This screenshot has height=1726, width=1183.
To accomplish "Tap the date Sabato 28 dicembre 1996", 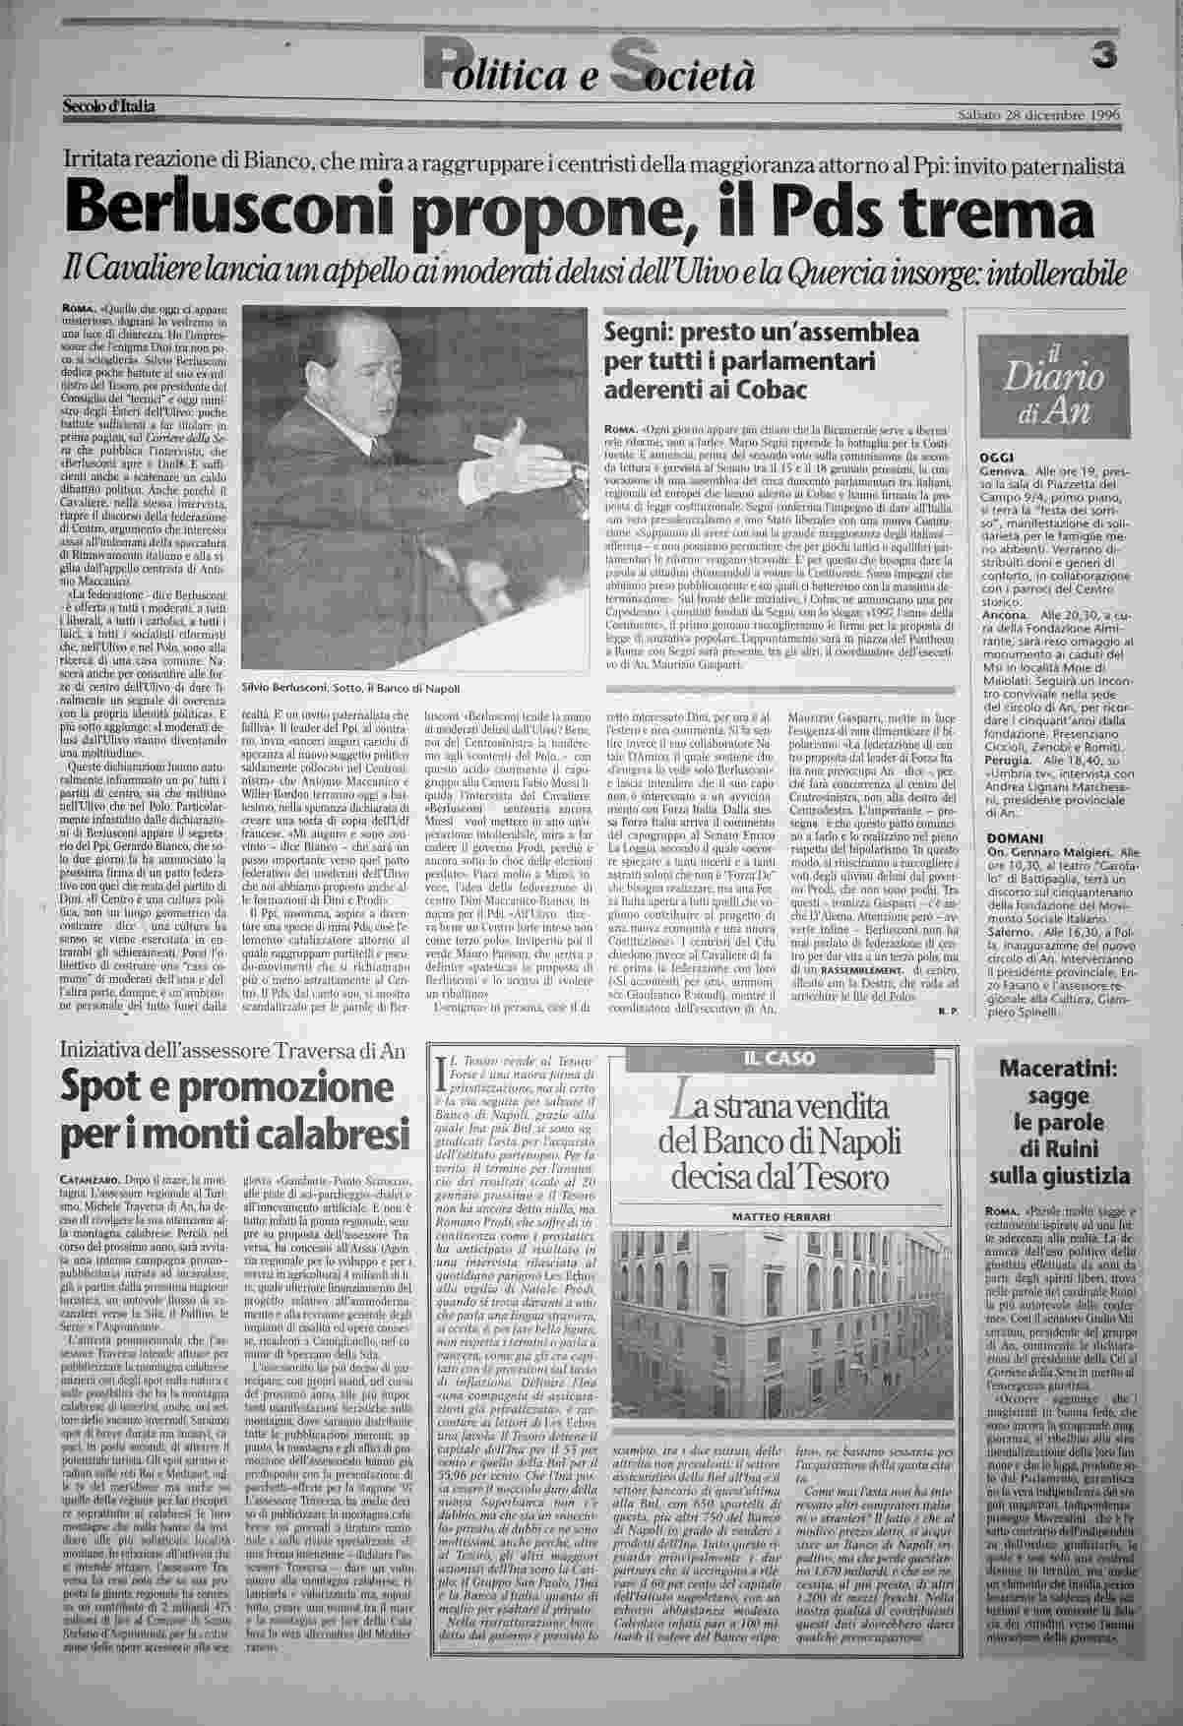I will click(1039, 114).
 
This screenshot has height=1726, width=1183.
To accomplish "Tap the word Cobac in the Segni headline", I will click(770, 391).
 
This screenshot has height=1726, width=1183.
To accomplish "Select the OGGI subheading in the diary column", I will click(999, 459).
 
